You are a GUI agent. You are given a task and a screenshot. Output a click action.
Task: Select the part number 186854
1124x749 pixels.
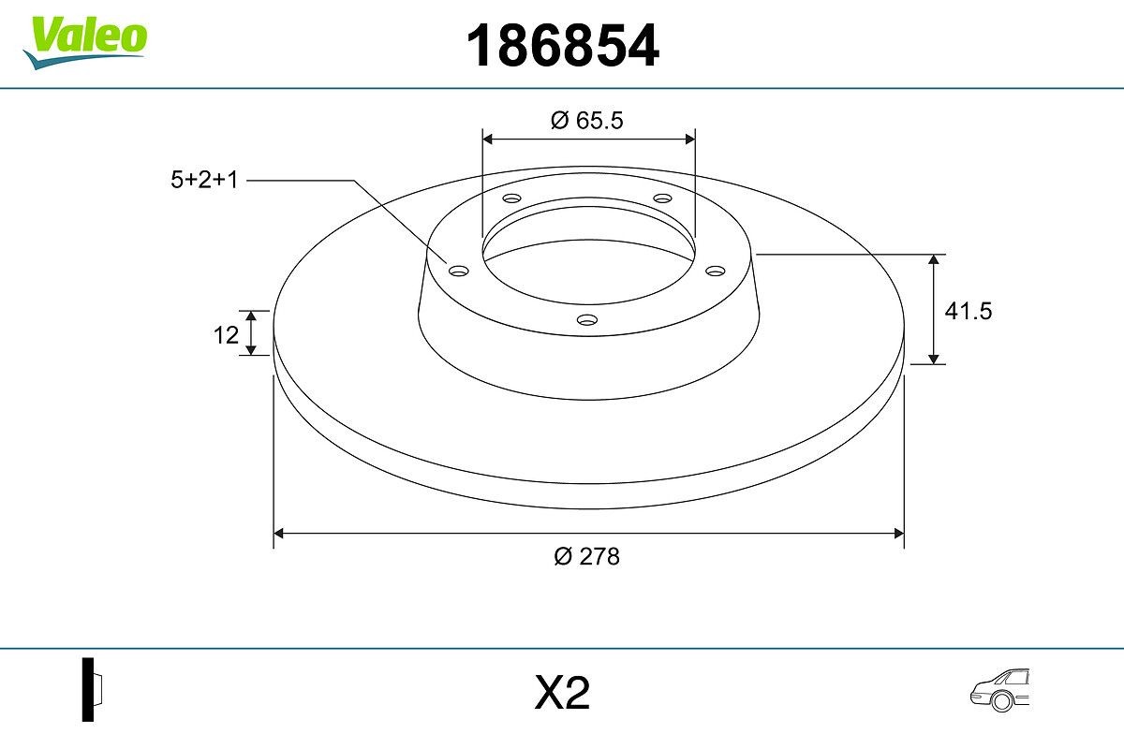pyautogui.click(x=563, y=46)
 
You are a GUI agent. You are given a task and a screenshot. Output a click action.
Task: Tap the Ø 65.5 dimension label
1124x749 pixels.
pyautogui.click(x=587, y=120)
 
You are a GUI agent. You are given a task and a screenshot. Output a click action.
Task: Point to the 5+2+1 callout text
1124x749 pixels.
pyautogui.click(x=205, y=180)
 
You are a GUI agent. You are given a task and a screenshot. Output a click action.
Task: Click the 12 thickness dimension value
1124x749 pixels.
pyautogui.click(x=226, y=334)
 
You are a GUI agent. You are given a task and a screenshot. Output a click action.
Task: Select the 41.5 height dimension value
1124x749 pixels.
pyautogui.click(x=968, y=311)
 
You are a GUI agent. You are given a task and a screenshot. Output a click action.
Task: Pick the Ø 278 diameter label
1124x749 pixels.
pyautogui.click(x=587, y=556)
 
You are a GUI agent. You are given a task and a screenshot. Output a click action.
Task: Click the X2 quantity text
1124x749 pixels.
pyautogui.click(x=562, y=694)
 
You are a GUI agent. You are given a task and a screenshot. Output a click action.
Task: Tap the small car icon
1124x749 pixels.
pyautogui.click(x=998, y=691)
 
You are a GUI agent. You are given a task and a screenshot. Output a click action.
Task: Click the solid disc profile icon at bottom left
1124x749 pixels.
pyautogui.click(x=91, y=689)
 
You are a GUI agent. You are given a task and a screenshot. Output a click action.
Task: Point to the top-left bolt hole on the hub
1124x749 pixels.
pyautogui.click(x=511, y=198)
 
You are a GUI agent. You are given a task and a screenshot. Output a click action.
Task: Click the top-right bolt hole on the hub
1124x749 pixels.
pyautogui.click(x=663, y=198)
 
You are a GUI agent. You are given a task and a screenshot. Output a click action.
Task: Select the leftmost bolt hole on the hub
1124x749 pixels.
pyautogui.click(x=458, y=271)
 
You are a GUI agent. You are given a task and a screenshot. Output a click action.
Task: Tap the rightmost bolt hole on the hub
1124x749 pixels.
pyautogui.click(x=716, y=271)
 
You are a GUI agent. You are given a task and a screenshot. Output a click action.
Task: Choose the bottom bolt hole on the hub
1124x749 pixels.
pyautogui.click(x=587, y=320)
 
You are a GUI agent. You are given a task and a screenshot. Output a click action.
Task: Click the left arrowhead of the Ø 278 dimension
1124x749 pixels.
pyautogui.click(x=278, y=534)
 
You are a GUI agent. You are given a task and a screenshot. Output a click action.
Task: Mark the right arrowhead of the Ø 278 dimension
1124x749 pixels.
pyautogui.click(x=897, y=534)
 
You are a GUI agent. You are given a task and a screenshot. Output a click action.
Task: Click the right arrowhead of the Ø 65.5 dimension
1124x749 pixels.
pyautogui.click(x=689, y=139)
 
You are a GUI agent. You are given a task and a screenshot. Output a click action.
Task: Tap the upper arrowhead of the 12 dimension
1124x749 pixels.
pyautogui.click(x=251, y=316)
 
